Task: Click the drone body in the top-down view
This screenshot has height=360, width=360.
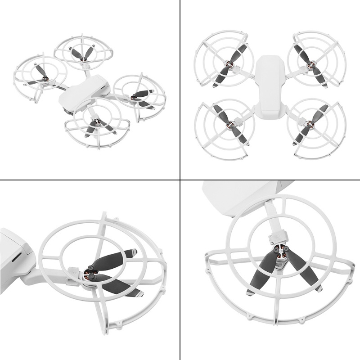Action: click(270, 85)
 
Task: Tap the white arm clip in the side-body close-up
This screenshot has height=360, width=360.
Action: click(72, 273)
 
